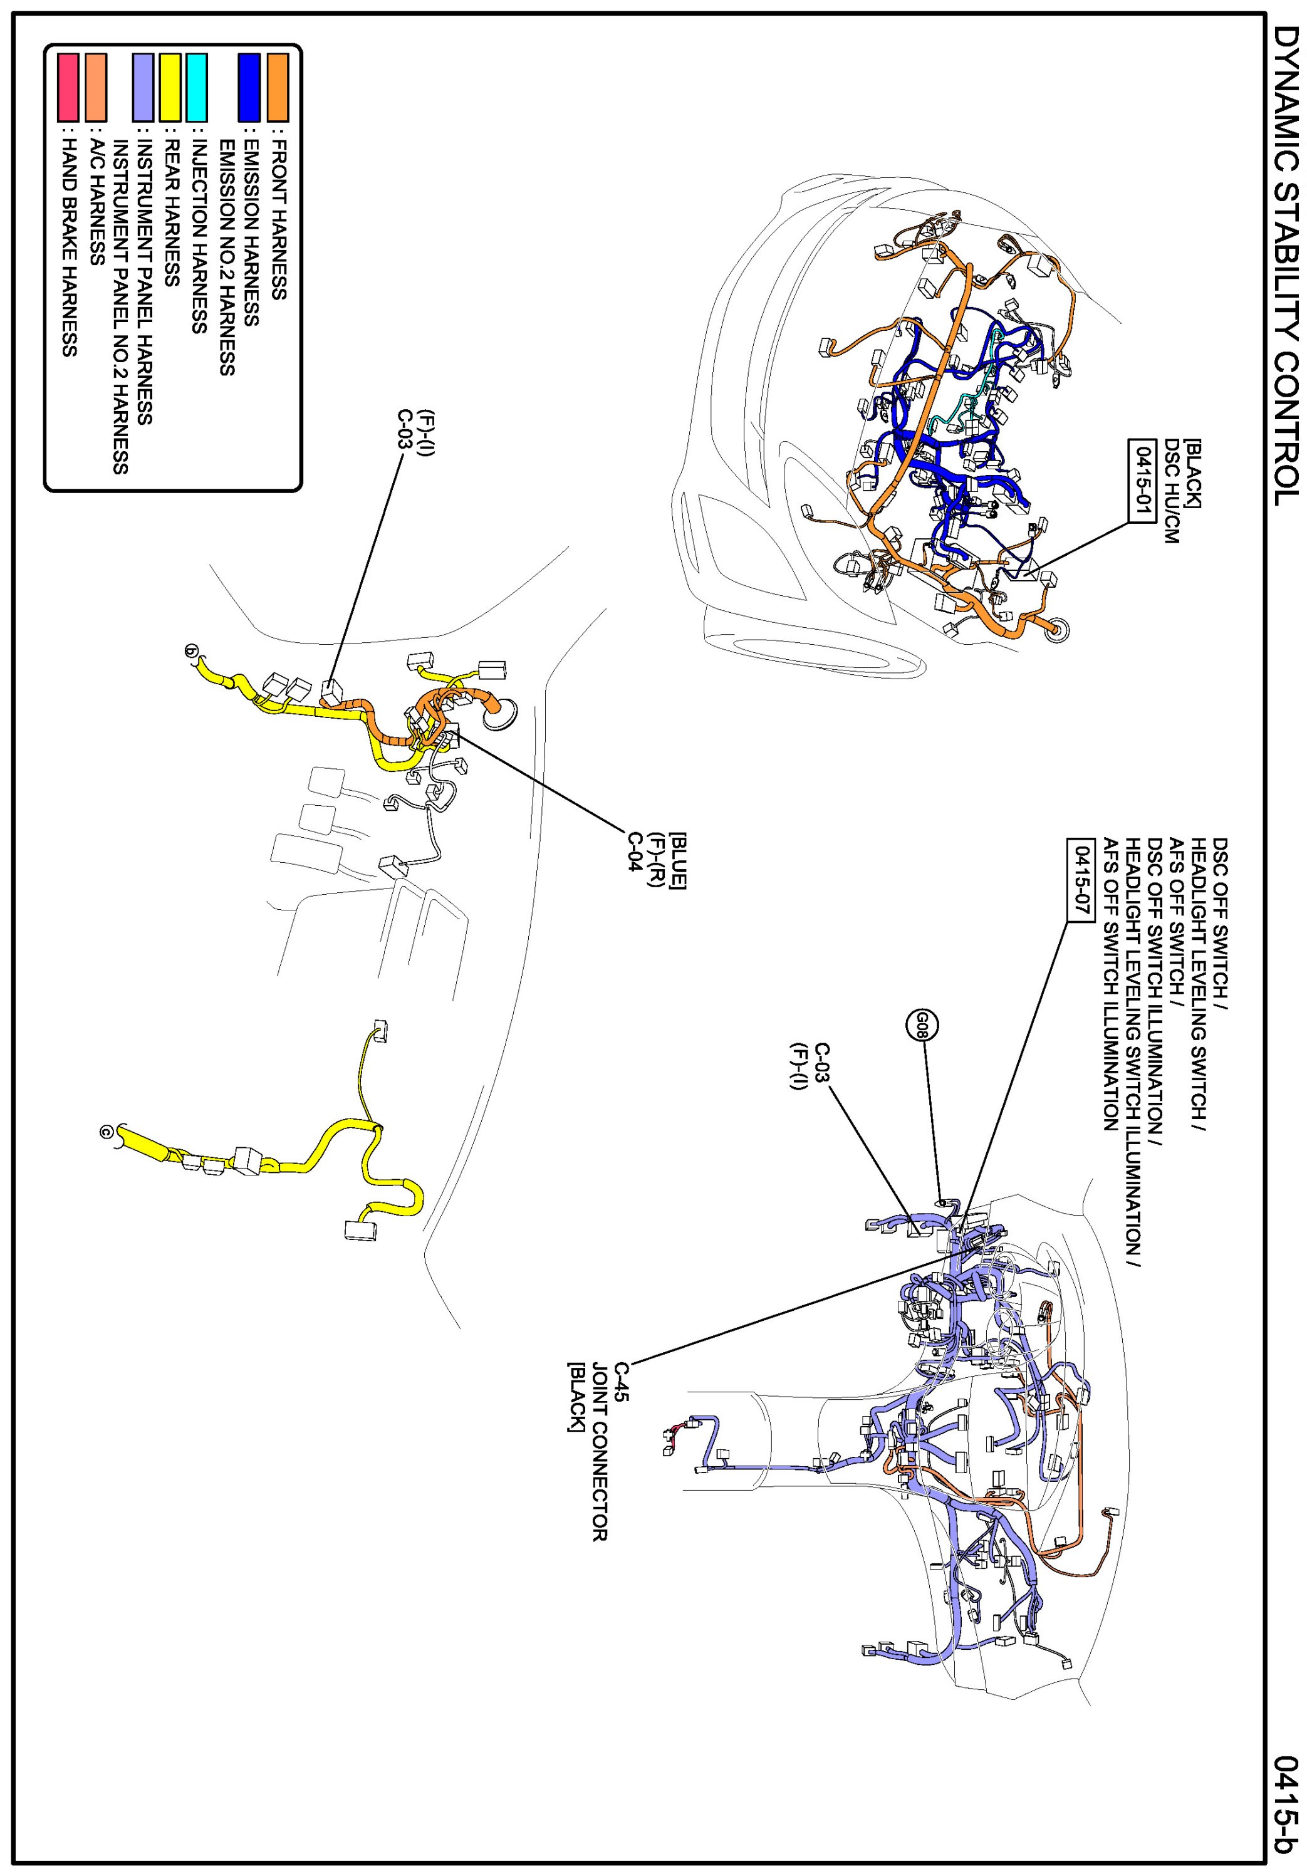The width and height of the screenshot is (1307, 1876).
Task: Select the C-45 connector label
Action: coord(622,1382)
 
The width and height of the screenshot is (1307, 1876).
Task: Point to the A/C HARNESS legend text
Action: coord(96,204)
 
